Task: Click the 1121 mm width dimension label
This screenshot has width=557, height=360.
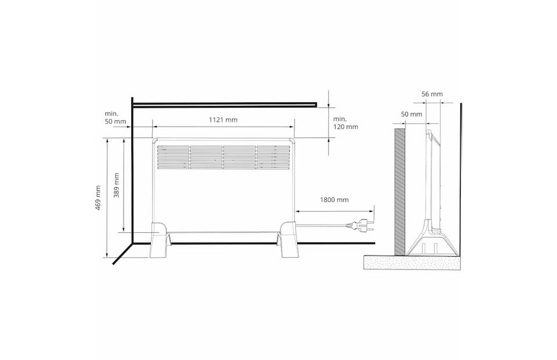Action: pyautogui.click(x=223, y=120)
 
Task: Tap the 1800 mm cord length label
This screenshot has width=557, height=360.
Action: pyautogui.click(x=334, y=200)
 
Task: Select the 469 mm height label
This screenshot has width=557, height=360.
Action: pyautogui.click(x=98, y=197)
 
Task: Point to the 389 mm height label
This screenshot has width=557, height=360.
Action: pyautogui.click(x=117, y=185)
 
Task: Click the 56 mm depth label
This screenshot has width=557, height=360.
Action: pyautogui.click(x=432, y=94)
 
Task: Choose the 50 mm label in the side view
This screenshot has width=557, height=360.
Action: pyautogui.click(x=411, y=114)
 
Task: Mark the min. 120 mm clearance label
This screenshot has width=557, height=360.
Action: pyautogui.click(x=345, y=123)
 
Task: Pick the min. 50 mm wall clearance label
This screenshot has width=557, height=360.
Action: pyautogui.click(x=115, y=117)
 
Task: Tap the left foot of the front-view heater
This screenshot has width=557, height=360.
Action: pyautogui.click(x=160, y=240)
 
